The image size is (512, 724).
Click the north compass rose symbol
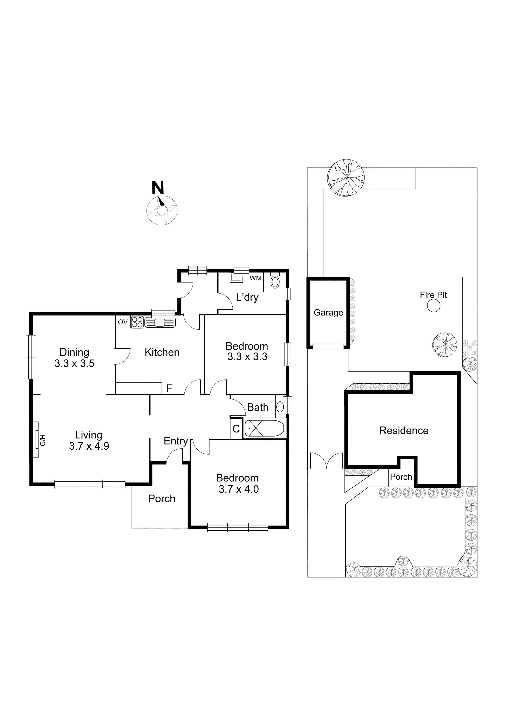(x=162, y=210)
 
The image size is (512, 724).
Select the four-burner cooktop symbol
(x=138, y=322)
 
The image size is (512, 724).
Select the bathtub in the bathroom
(x=264, y=429)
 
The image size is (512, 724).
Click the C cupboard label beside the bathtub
(x=236, y=429)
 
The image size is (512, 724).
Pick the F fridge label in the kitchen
(x=169, y=388)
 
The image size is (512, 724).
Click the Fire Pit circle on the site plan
(x=434, y=306)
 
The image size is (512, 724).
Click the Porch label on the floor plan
(x=162, y=499)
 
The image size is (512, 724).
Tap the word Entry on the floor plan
(x=176, y=441)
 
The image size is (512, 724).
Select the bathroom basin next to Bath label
(x=280, y=407)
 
